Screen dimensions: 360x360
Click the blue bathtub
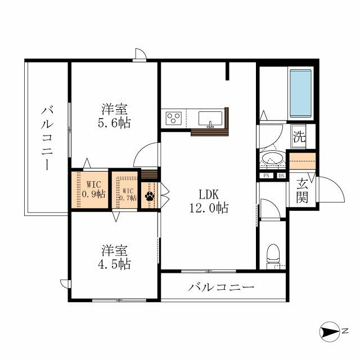tap(301, 93)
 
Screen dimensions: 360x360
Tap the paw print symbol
tap(150, 196)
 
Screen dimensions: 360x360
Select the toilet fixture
tap(273, 256)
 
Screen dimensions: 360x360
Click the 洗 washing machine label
tap(299, 137)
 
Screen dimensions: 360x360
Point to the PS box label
tap(266, 175)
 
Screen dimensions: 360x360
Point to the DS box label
tap(281, 175)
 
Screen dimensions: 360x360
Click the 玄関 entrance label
tap(301, 191)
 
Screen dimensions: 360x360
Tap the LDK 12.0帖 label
tap(209, 201)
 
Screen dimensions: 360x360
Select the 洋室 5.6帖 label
tap(114, 116)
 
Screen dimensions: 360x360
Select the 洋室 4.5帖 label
tap(114, 257)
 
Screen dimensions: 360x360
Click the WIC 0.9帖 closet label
tap(94, 190)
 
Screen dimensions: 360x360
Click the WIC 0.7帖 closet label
tap(128, 194)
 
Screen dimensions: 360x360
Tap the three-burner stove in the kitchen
tap(174, 118)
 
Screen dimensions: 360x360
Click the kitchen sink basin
tap(210, 119)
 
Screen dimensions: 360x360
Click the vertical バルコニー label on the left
tap(47, 138)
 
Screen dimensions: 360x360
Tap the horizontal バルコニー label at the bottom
tap(221, 287)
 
